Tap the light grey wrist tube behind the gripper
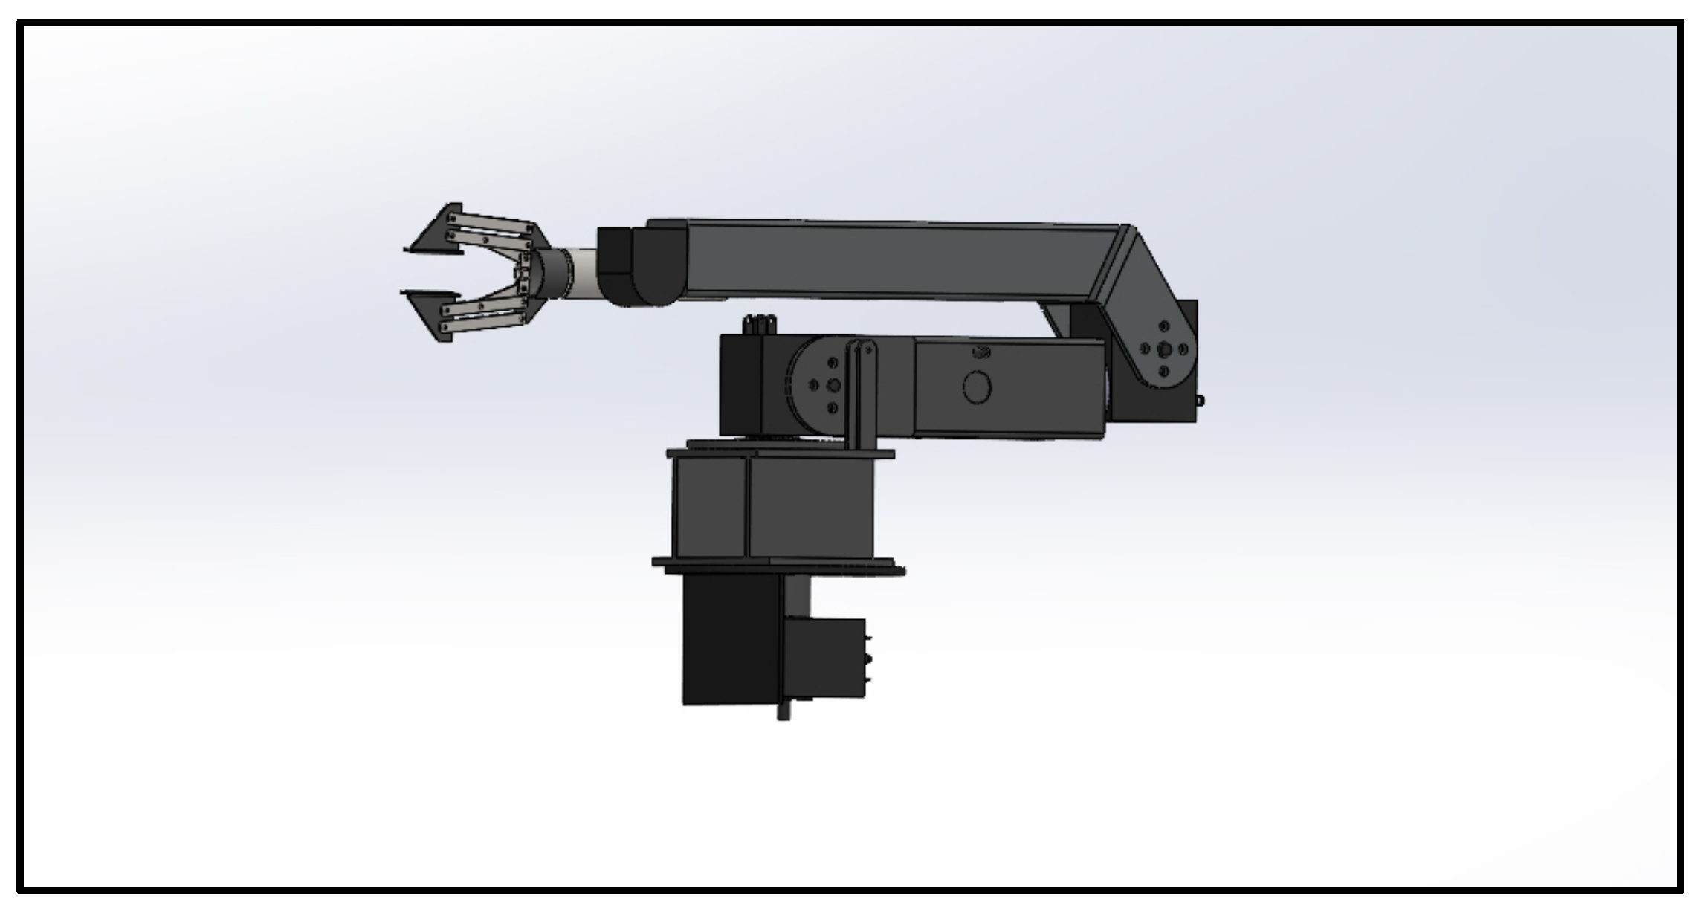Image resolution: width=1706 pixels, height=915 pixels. click(586, 273)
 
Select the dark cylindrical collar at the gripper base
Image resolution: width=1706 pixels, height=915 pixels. click(554, 273)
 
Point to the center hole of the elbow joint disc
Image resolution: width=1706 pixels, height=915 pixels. click(1164, 349)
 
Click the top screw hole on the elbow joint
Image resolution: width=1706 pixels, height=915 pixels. click(1164, 327)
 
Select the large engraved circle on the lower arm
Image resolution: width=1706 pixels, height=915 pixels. click(977, 387)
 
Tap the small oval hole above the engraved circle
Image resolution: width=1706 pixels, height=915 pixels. click(980, 353)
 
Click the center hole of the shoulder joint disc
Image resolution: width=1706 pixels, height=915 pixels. click(833, 385)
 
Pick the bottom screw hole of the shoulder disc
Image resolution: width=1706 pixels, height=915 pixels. click(833, 407)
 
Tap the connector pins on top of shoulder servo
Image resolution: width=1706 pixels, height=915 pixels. click(758, 325)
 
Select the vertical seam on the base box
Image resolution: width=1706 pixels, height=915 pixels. click(746, 507)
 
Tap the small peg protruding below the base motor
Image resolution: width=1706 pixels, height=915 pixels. click(783, 713)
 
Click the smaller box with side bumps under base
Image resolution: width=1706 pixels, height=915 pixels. click(825, 659)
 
